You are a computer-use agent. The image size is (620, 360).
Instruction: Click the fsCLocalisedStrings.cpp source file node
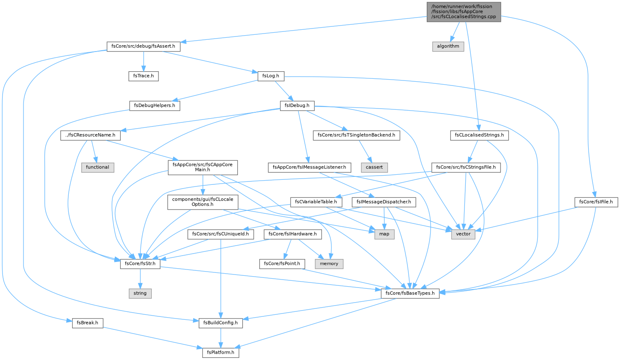point(464,12)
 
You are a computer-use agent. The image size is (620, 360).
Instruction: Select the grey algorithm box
point(448,46)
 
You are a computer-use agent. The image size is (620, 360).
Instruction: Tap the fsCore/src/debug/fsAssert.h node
point(143,46)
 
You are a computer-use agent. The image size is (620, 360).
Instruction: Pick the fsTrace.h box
point(143,76)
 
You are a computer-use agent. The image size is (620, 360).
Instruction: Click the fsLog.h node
point(271,76)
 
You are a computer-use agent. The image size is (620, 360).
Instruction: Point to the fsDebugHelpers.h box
point(155,106)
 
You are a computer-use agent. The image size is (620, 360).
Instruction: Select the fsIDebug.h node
point(297,106)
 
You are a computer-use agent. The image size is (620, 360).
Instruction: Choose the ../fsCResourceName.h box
point(90,135)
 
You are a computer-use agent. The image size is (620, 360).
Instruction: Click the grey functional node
point(97,167)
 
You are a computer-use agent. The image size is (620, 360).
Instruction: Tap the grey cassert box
point(374,167)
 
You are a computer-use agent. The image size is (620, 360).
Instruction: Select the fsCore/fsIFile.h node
point(596,202)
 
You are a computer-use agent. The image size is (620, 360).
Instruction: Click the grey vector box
point(463,234)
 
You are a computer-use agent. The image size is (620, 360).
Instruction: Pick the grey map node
point(384,234)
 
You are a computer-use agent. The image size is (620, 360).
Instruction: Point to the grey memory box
point(329,264)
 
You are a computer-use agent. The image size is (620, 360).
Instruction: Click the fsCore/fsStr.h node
point(140,264)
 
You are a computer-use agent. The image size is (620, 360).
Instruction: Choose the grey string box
point(140,293)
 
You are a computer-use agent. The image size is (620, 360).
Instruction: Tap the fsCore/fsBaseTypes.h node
point(410,293)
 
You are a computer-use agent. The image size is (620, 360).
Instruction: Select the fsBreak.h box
point(88,323)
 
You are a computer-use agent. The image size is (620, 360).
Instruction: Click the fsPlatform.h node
point(221,352)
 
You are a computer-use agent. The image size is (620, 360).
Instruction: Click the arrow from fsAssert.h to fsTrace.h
point(143,61)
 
